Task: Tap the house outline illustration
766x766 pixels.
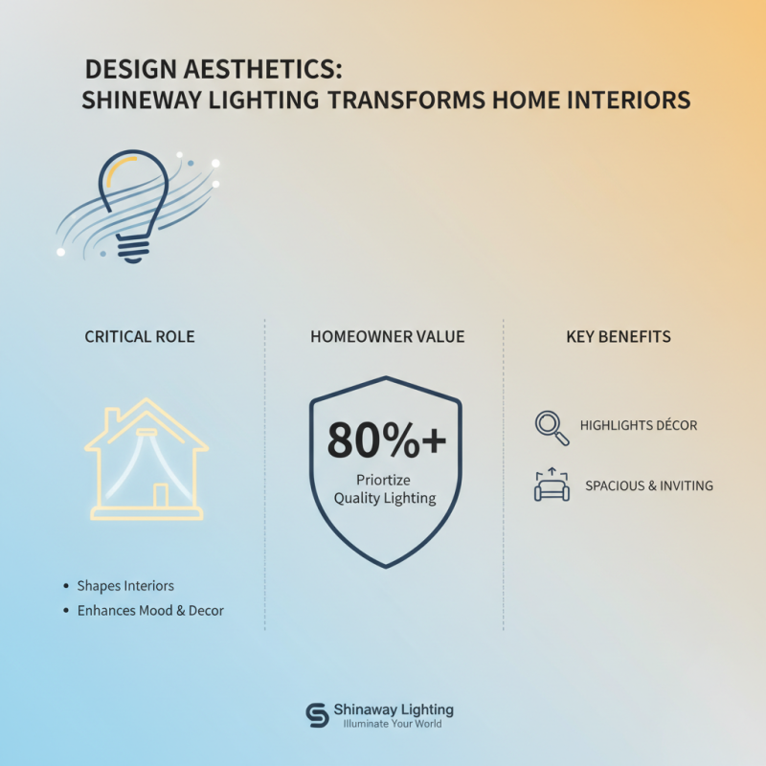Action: [x=146, y=460]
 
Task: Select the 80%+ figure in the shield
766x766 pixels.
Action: [x=386, y=440]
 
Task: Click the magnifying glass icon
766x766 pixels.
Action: [x=552, y=427]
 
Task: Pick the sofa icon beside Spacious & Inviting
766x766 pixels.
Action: [x=552, y=485]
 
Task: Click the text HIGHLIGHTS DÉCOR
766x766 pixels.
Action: [x=638, y=425]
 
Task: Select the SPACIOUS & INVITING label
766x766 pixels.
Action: [x=648, y=485]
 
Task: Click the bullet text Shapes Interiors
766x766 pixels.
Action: [x=124, y=585]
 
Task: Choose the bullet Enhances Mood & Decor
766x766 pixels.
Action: [x=150, y=610]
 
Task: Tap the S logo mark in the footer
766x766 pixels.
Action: [x=317, y=715]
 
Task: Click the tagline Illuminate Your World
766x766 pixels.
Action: [x=393, y=724]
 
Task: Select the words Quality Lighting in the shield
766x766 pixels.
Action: [x=384, y=498]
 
